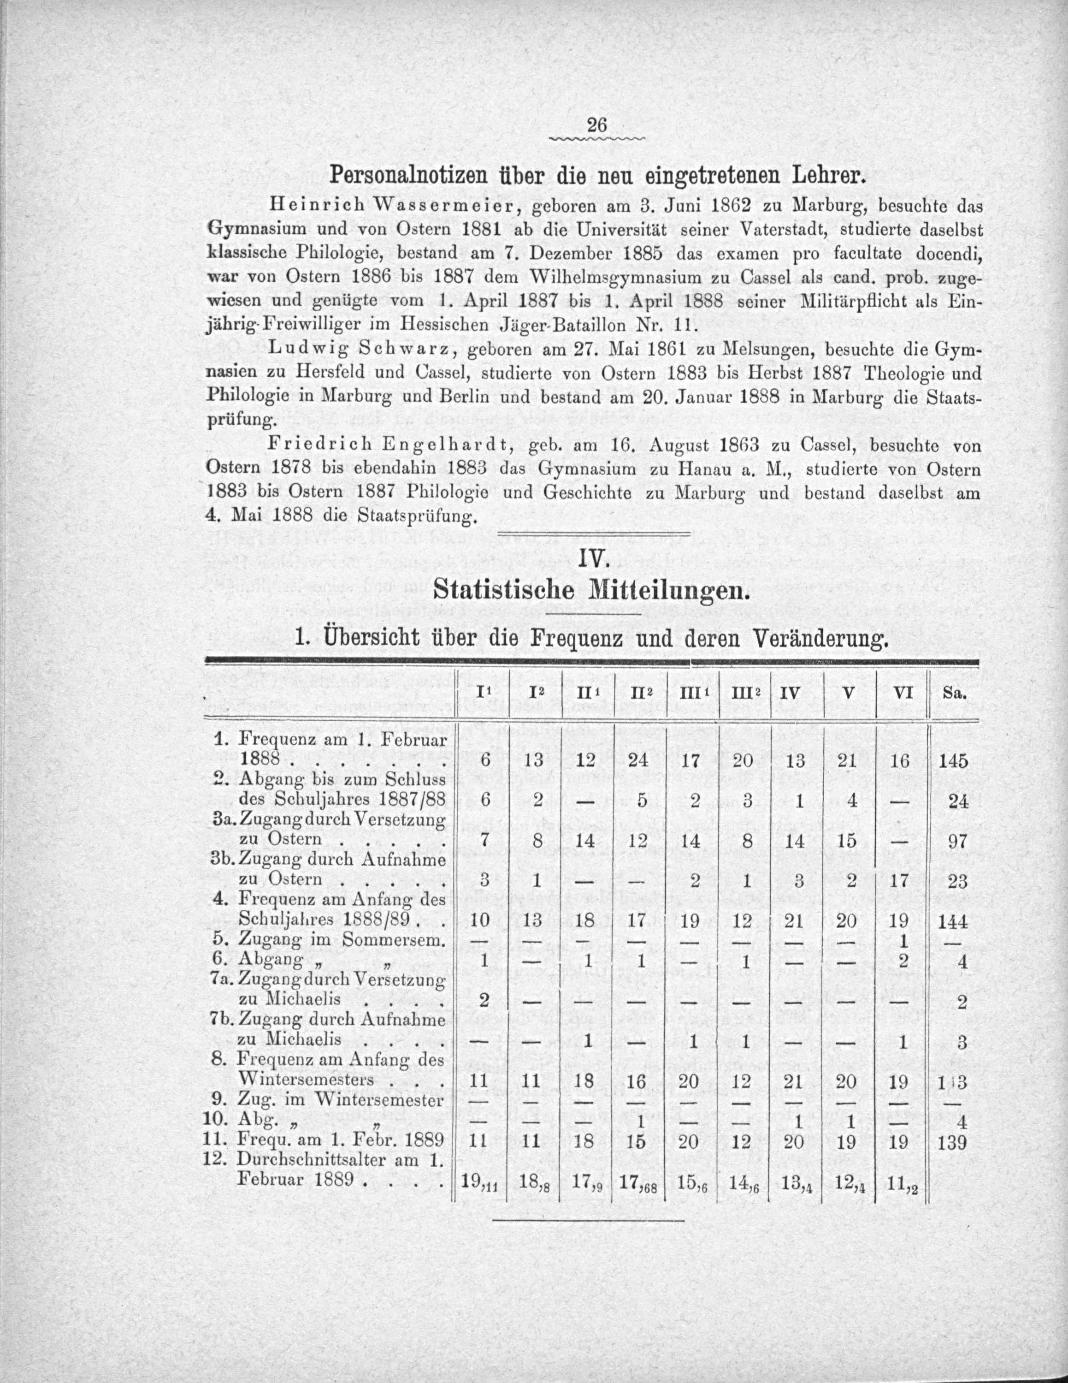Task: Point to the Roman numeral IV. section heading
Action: click(x=593, y=560)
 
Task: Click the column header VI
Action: click(x=900, y=694)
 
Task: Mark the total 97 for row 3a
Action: click(x=958, y=842)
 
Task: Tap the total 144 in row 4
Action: click(x=954, y=921)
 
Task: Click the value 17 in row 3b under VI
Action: click(x=900, y=881)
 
